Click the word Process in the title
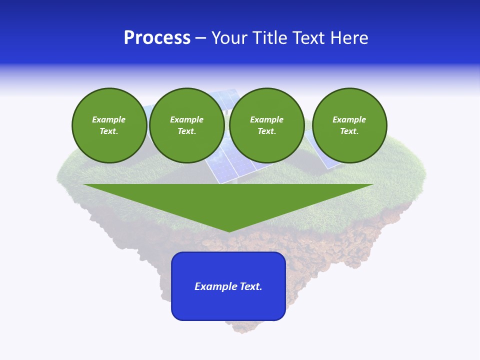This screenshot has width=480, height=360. [x=157, y=38]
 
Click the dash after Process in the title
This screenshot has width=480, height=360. [x=200, y=38]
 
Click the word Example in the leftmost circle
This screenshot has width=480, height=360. [x=109, y=119]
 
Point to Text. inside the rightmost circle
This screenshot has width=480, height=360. [x=349, y=131]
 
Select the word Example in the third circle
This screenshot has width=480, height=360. [x=266, y=119]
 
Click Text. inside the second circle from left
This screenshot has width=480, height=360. [x=186, y=131]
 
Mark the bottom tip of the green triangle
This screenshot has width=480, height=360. [x=229, y=231]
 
